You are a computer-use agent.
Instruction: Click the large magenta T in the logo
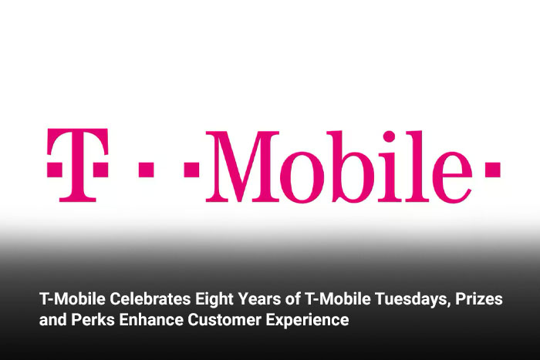pyautogui.click(x=78, y=165)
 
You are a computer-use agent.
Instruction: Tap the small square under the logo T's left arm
pyautogui.click(x=55, y=170)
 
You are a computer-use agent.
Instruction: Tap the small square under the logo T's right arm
pyautogui.click(x=100, y=170)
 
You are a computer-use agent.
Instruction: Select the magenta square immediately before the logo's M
pyautogui.click(x=191, y=169)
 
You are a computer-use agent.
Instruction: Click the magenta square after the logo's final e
pyautogui.click(x=492, y=169)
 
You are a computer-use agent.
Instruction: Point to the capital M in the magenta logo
pyautogui.click(x=242, y=167)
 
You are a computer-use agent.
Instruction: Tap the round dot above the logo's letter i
pyautogui.click(x=389, y=136)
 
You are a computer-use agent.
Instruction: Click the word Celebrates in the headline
pyautogui.click(x=150, y=298)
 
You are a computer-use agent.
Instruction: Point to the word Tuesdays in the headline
pyautogui.click(x=413, y=299)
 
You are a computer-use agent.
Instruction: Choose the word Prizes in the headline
pyautogui.click(x=479, y=298)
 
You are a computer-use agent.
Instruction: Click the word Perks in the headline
pyautogui.click(x=93, y=319)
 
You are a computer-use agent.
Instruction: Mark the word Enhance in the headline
pyautogui.click(x=151, y=319)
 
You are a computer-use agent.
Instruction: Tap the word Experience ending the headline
pyautogui.click(x=307, y=321)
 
